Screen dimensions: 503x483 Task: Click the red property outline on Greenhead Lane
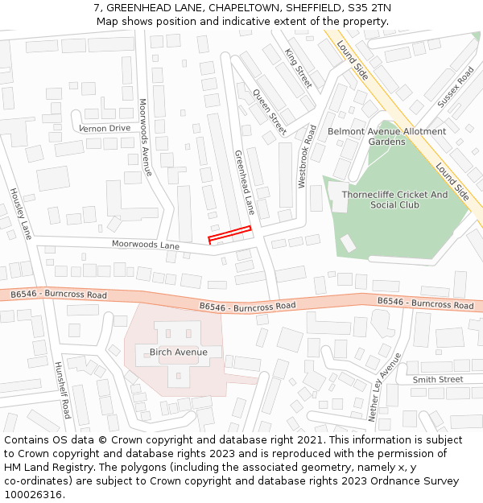point(229,234)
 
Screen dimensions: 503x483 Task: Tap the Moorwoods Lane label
point(146,244)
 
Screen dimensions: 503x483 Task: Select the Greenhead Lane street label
point(244,182)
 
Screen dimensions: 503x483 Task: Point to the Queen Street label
point(270,112)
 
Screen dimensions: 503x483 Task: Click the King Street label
point(298,68)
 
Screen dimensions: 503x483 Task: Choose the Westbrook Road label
point(307,156)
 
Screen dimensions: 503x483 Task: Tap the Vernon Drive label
point(105,128)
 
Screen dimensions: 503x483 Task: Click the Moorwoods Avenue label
point(145,137)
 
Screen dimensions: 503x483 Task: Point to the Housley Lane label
point(21,213)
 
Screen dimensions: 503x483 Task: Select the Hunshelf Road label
point(62,390)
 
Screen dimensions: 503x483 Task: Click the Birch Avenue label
point(179,352)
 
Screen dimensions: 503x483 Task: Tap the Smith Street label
point(438,379)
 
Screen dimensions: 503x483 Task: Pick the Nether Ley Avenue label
point(384,387)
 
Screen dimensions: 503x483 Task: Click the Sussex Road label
point(456,87)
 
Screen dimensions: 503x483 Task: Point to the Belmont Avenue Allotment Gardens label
point(386,136)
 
